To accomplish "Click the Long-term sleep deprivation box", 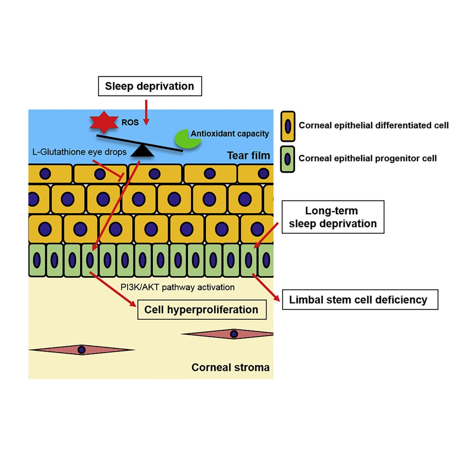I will (333, 217).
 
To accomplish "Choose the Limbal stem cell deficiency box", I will (360, 300).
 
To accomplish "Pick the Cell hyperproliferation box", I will (202, 310).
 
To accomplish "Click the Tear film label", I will (248, 155).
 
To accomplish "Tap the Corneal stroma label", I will (230, 367).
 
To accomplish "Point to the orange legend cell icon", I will (287, 126).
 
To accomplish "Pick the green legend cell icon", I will (287, 158).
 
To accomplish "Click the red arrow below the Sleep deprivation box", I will (147, 112).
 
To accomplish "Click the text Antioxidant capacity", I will (229, 134).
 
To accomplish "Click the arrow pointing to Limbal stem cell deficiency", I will (266, 286).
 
